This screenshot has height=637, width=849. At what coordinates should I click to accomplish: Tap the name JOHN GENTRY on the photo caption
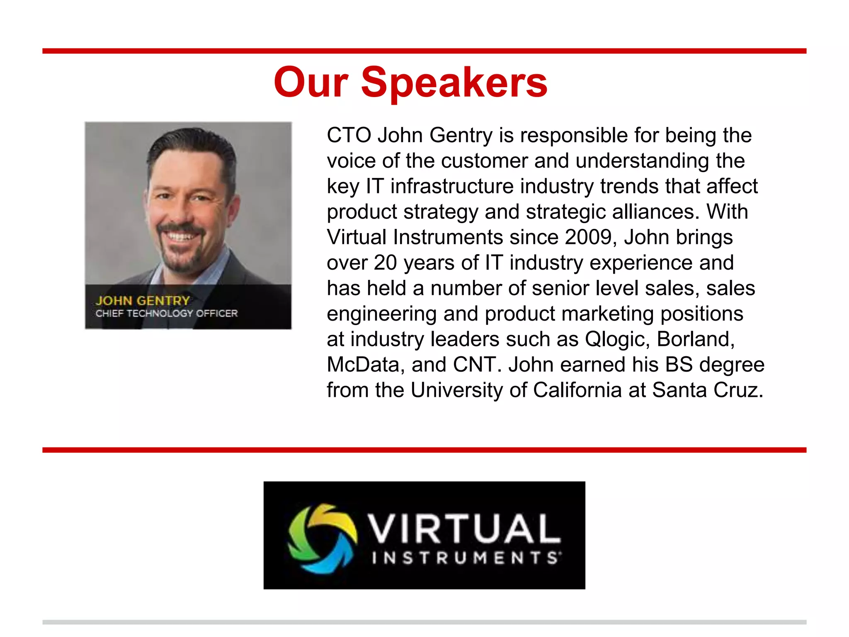[143, 300]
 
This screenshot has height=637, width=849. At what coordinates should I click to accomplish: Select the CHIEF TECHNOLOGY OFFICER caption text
[167, 314]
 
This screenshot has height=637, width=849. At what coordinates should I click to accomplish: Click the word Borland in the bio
[695, 339]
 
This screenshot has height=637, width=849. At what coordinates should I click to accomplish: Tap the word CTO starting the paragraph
[349, 135]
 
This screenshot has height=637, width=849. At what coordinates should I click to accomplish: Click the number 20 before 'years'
[385, 263]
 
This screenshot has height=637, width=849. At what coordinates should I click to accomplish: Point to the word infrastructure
[452, 186]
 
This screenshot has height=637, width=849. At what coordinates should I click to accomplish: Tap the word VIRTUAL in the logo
[465, 528]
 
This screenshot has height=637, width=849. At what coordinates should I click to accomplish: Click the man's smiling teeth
[181, 238]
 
